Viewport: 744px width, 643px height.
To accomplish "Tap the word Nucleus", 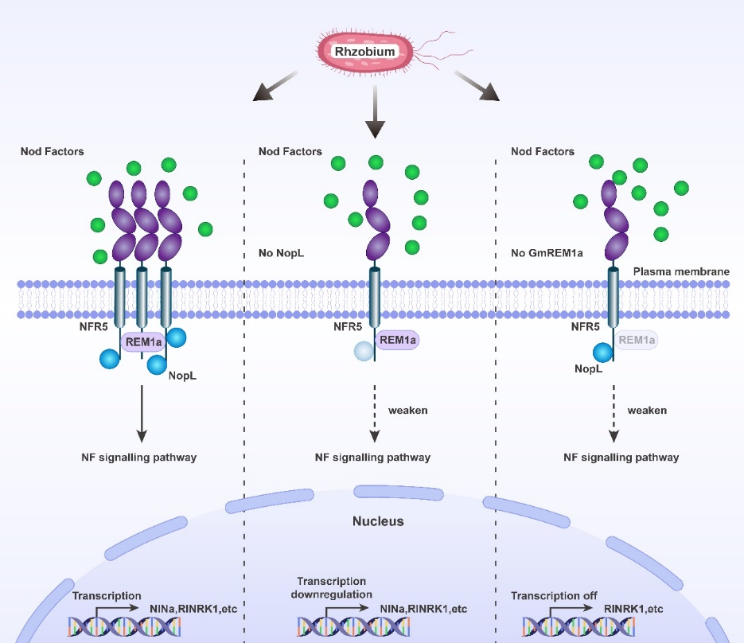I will tap(378, 522).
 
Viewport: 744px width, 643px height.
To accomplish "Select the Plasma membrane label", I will tap(681, 271).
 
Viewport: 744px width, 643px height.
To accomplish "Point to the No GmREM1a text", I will tap(547, 253).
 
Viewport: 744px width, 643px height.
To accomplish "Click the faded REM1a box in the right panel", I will tap(637, 340).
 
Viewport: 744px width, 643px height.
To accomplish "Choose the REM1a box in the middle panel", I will tap(395, 340).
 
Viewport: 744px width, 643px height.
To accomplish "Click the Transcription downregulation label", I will tap(331, 587).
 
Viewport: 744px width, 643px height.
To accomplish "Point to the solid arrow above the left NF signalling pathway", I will tap(141, 414).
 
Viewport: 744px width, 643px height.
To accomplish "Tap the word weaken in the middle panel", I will tap(407, 411).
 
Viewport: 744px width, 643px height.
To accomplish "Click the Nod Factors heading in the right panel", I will tap(542, 151).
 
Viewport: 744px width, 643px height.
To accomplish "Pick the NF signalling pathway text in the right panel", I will tap(621, 458).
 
